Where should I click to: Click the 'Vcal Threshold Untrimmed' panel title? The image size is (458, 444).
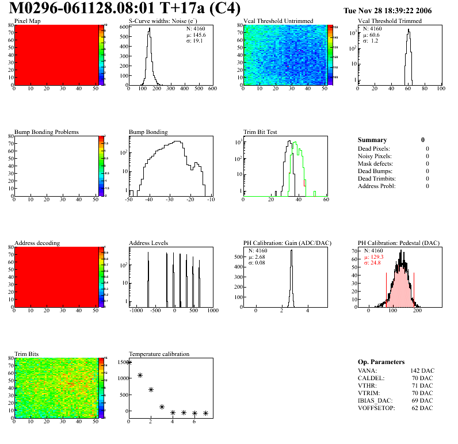[x=278, y=21]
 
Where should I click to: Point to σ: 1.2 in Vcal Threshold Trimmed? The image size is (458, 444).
[x=371, y=41]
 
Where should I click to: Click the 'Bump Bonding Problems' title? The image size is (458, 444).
[x=47, y=132]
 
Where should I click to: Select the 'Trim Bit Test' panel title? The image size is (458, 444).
[x=261, y=132]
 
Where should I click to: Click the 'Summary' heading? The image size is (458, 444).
[x=372, y=140]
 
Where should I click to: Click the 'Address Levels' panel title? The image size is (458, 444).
[x=149, y=243]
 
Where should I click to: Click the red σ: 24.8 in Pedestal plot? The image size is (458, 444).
[x=372, y=263]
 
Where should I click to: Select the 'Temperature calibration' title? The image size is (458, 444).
[x=159, y=354]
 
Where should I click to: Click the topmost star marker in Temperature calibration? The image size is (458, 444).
[x=129, y=362]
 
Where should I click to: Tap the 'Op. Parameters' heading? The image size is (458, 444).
[x=381, y=362]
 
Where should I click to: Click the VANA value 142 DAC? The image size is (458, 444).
[x=422, y=371]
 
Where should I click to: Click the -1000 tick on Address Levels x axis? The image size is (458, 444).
[x=136, y=311]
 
